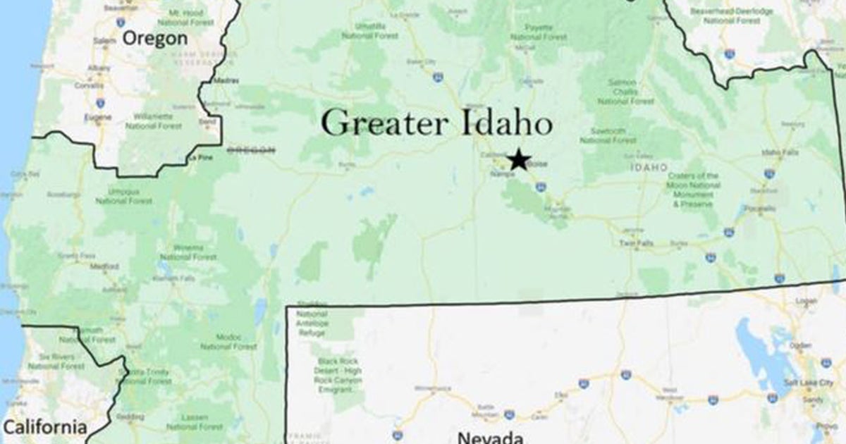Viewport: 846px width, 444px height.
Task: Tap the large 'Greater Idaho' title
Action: [x=436, y=123]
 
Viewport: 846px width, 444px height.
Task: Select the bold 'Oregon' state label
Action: [x=155, y=37]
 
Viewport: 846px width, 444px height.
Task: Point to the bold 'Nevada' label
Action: [x=490, y=437]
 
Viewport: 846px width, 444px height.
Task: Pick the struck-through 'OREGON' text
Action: [x=250, y=149]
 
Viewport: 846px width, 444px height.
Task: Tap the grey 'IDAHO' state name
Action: [x=649, y=168]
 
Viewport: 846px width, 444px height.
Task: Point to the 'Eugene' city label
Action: [x=97, y=117]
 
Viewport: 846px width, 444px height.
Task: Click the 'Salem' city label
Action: [x=104, y=41]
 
